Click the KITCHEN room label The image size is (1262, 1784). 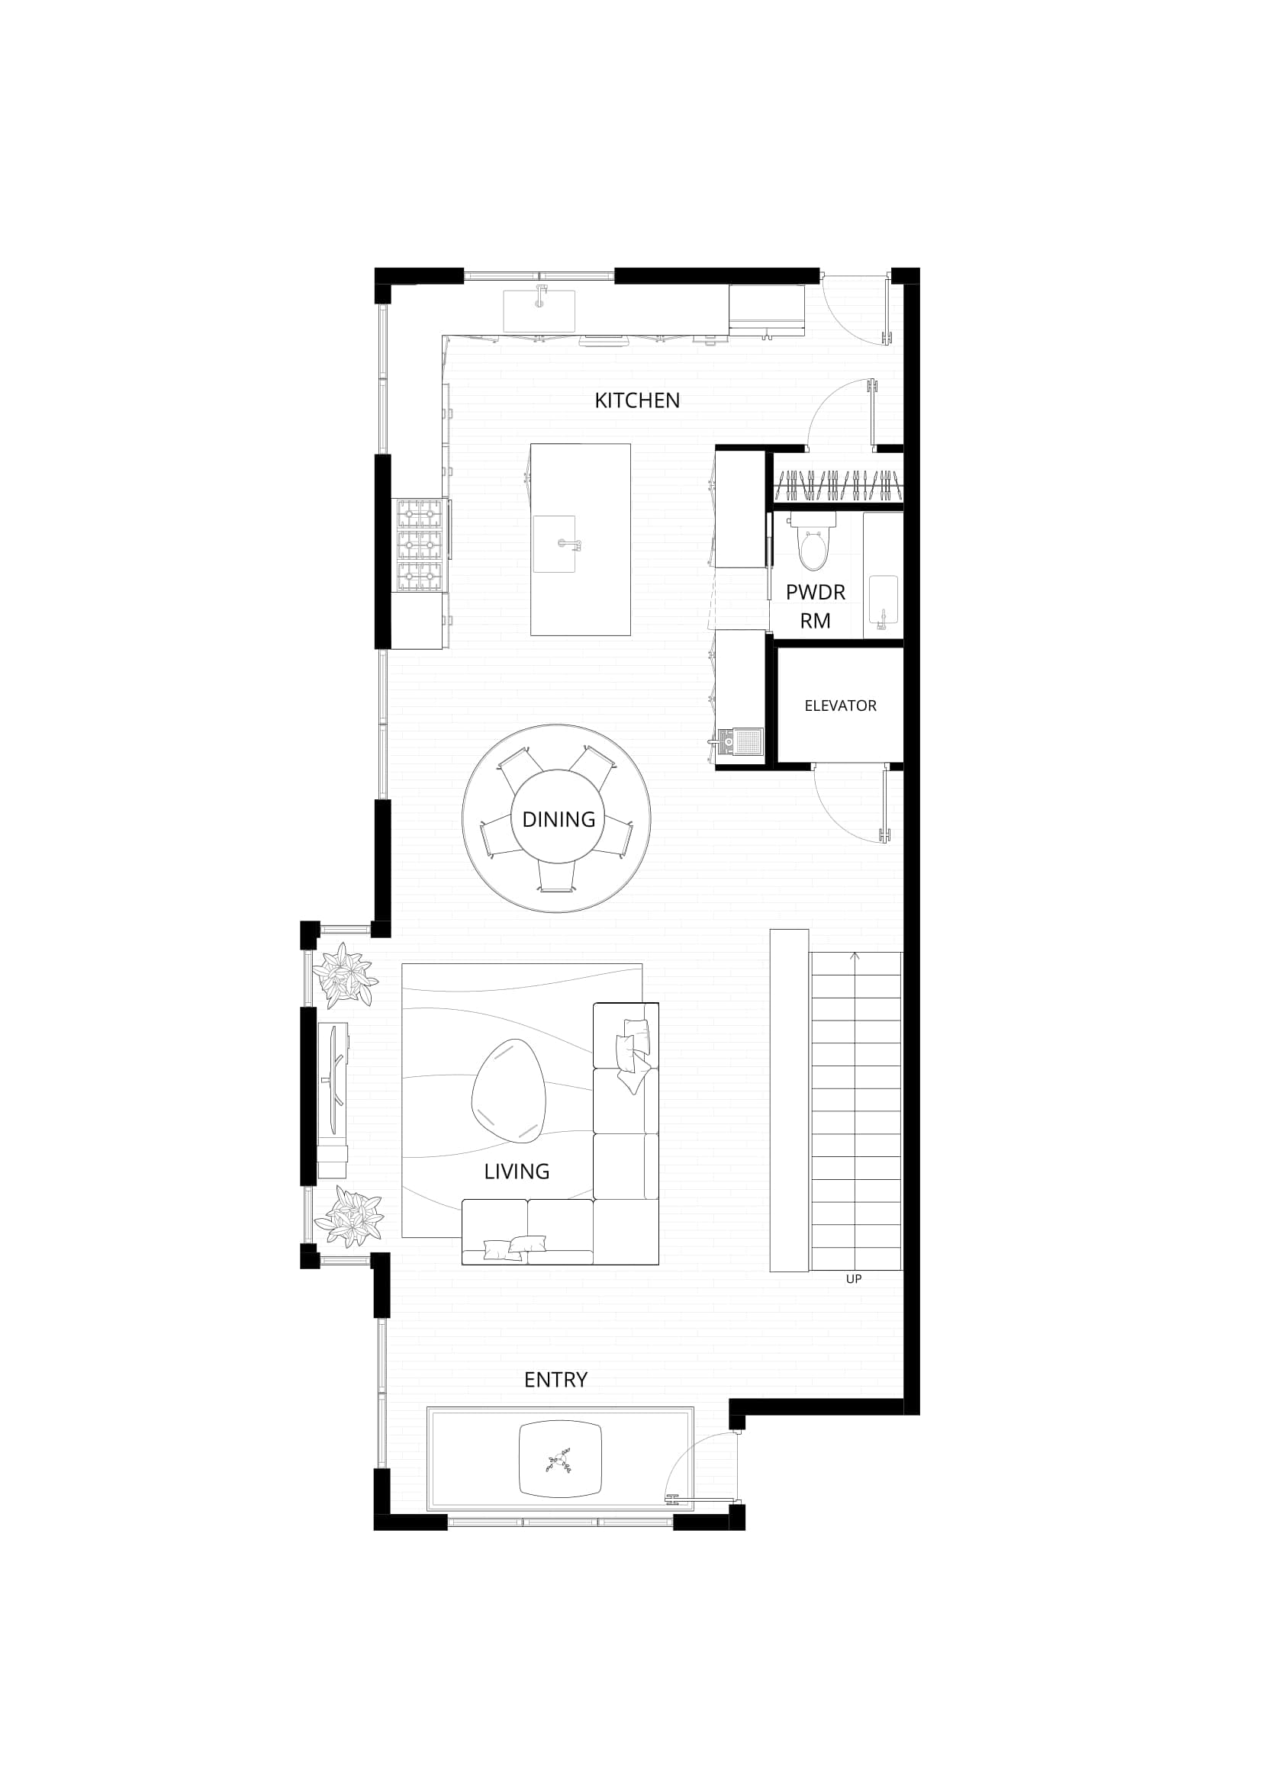pyautogui.click(x=636, y=400)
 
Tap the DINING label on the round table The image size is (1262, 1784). pyautogui.click(x=558, y=819)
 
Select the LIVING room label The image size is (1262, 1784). pyautogui.click(x=516, y=1171)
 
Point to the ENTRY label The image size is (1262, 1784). pyautogui.click(x=555, y=1379)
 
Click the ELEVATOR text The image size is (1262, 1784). pyautogui.click(x=840, y=706)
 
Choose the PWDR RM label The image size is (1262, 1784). pyautogui.click(x=815, y=606)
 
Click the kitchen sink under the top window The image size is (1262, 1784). pyautogui.click(x=539, y=309)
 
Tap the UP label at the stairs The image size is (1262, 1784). pyautogui.click(x=853, y=1278)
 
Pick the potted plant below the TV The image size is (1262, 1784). pyautogui.click(x=351, y=1216)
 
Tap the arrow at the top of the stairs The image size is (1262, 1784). pyautogui.click(x=855, y=956)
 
